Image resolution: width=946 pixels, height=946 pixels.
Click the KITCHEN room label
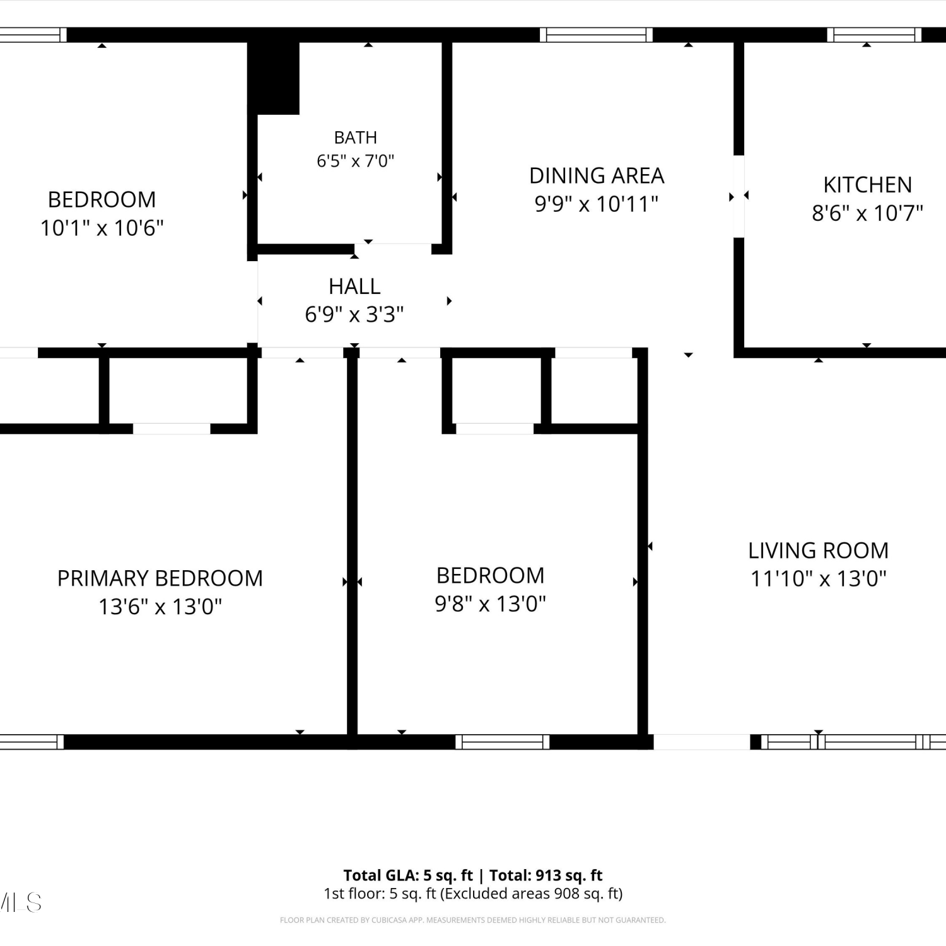pos(867,185)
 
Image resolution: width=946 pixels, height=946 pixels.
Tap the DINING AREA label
pos(597,175)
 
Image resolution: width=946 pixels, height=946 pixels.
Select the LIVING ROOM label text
pos(818,551)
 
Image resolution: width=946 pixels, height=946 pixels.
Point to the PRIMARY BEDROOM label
pos(160,578)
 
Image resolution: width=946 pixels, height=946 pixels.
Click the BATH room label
pos(356,137)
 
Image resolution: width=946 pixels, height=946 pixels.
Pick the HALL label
pos(354,286)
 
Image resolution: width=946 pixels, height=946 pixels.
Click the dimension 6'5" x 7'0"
pos(356,161)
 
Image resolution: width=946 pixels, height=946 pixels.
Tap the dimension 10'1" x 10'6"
pos(102,228)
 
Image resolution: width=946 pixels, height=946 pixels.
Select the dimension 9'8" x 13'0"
pos(490,604)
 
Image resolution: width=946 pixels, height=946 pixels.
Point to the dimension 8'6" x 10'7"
pos(867,213)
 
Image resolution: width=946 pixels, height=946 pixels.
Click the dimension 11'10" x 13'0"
pos(818,578)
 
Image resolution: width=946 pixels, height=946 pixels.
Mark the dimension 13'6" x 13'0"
pos(160,607)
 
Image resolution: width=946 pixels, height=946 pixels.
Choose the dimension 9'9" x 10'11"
pos(597,204)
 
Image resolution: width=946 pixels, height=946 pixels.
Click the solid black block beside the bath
pos(273,78)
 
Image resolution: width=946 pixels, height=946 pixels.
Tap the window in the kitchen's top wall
pos(874,35)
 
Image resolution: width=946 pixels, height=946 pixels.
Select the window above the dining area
pos(596,35)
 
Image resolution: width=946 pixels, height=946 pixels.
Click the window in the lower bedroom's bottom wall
pos(502,742)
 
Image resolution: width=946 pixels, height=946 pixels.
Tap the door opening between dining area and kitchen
pos(739,196)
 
